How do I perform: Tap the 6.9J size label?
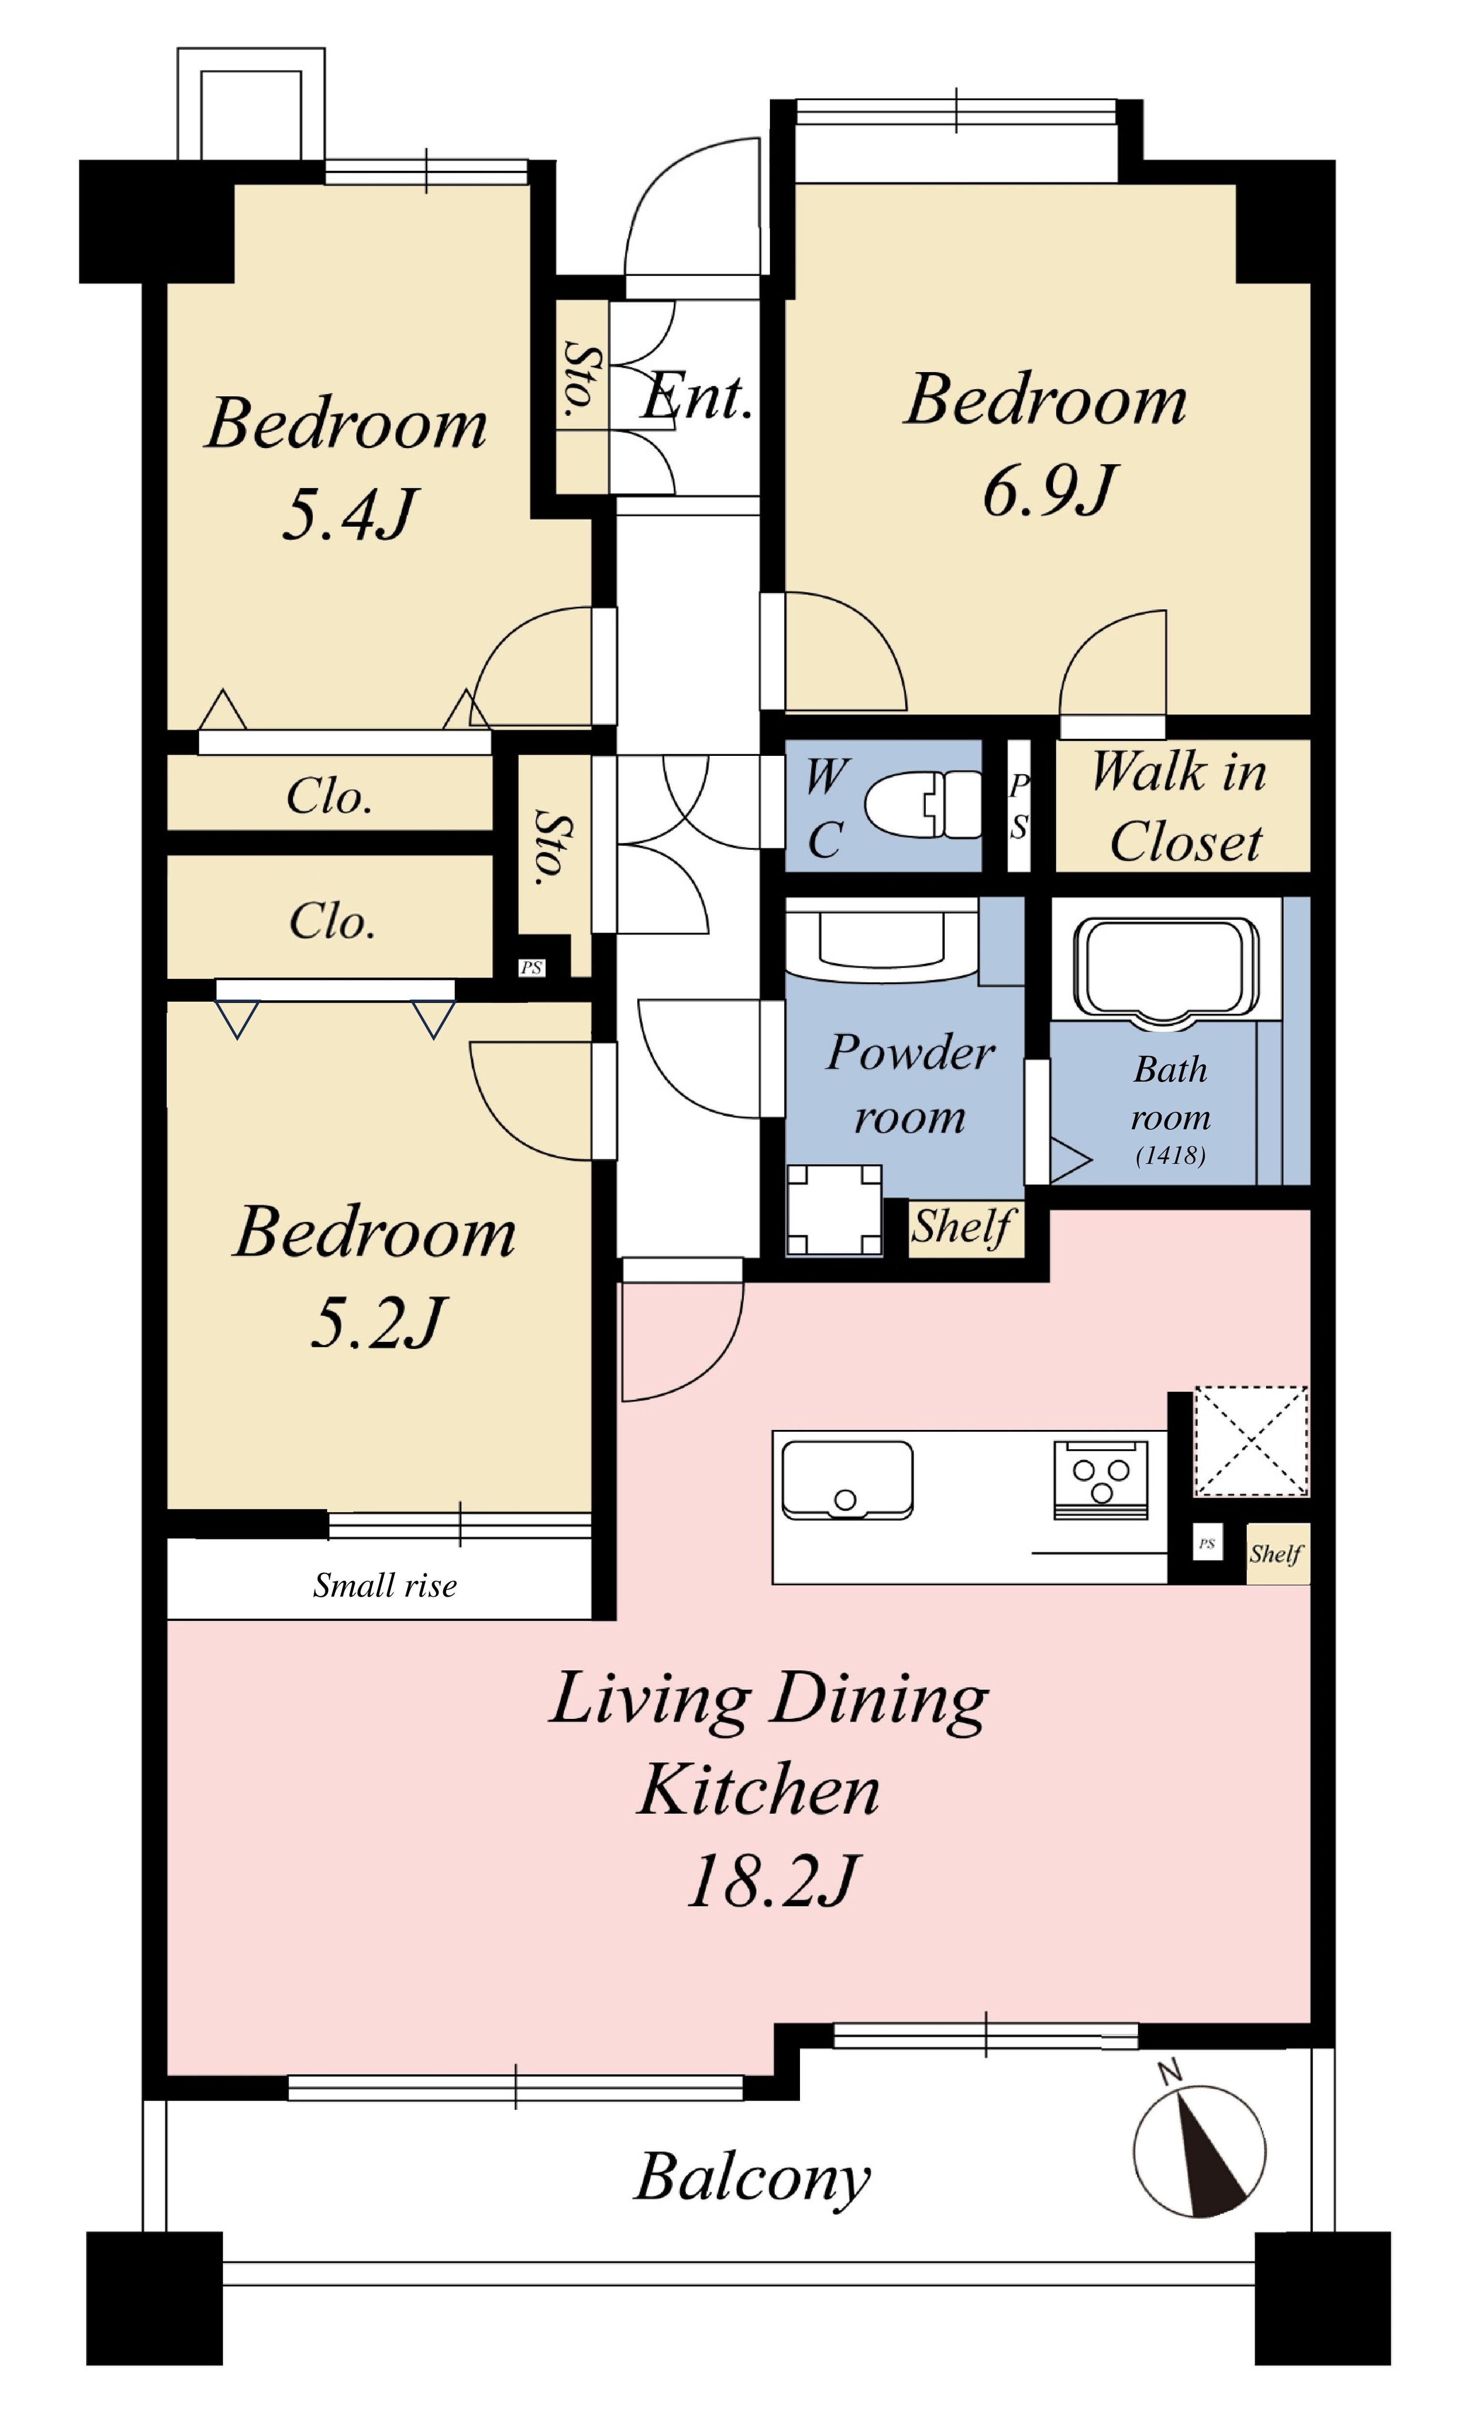coord(1049,491)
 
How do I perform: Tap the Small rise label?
coord(385,1586)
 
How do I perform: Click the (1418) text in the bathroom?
coord(1170,1156)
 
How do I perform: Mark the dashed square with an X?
coord(1251,1441)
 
